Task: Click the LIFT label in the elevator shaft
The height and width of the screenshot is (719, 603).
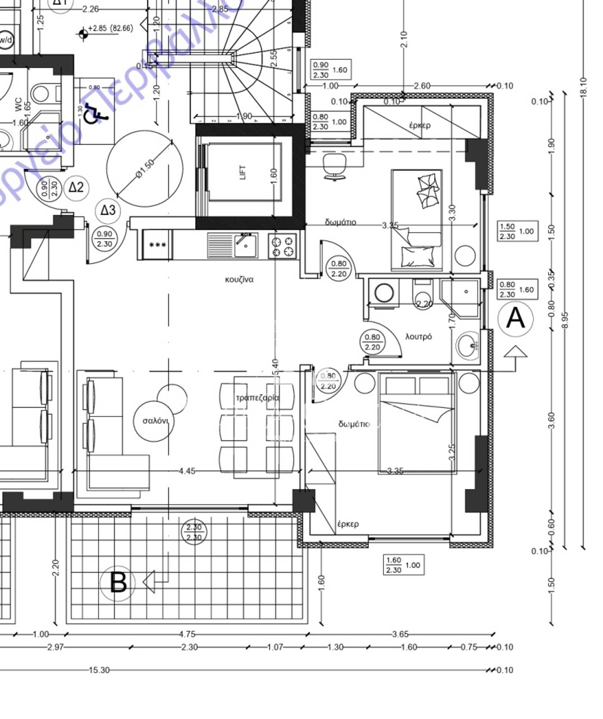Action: (243, 172)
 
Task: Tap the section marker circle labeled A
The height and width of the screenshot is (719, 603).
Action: (515, 318)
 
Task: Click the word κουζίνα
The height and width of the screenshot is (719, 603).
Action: (239, 280)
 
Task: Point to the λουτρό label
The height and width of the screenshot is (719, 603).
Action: (418, 337)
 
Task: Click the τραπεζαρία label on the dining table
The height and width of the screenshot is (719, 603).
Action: (258, 398)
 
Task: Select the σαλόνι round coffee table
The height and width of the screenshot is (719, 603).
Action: (154, 421)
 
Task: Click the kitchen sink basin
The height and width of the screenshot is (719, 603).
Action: (246, 245)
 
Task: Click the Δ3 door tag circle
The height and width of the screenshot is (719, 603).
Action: (108, 210)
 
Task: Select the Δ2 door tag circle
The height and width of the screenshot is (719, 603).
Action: (76, 187)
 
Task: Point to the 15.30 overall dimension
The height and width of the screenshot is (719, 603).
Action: (99, 670)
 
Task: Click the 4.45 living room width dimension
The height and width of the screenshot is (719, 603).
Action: (187, 471)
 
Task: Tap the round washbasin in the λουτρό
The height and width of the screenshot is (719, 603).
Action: (467, 346)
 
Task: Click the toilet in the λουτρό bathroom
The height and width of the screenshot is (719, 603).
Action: (423, 295)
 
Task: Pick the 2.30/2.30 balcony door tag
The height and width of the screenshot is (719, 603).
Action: (194, 532)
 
